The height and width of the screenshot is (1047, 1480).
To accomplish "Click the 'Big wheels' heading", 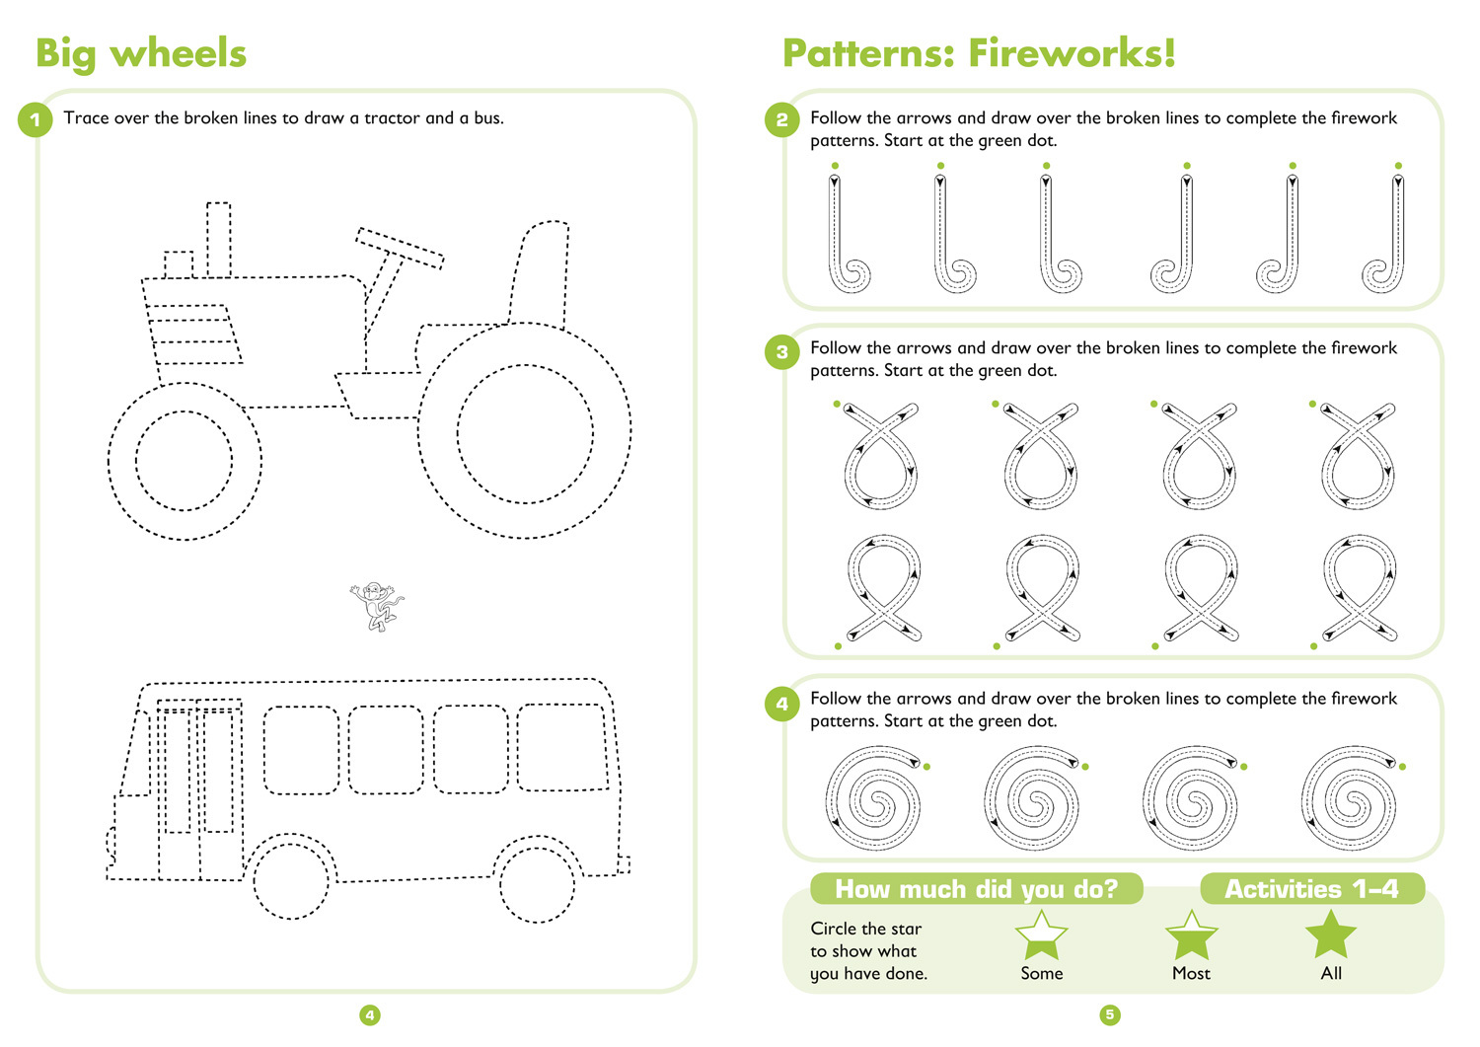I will pyautogui.click(x=140, y=54).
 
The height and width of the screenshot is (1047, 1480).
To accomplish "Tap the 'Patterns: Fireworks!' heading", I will pyautogui.click(x=979, y=54).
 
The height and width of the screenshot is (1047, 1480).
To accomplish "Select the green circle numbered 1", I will pyautogui.click(x=36, y=120).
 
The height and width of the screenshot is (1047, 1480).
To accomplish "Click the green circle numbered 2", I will pyautogui.click(x=781, y=120).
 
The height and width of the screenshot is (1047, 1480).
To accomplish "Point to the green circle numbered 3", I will pyautogui.click(x=781, y=351).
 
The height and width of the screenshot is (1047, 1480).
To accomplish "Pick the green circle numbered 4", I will pyautogui.click(x=781, y=704).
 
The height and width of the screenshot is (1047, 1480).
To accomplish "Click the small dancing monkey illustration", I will pyautogui.click(x=377, y=605).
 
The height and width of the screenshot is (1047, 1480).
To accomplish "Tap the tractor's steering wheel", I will pyautogui.click(x=400, y=248).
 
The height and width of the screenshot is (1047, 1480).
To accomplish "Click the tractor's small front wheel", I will pyautogui.click(x=185, y=461).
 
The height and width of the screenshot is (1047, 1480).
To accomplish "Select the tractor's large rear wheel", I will pyautogui.click(x=525, y=432).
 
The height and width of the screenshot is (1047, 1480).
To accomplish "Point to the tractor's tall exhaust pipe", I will pyautogui.click(x=218, y=240).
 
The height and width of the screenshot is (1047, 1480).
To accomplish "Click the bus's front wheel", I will pyautogui.click(x=290, y=877).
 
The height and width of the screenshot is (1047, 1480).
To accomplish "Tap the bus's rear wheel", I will pyautogui.click(x=537, y=879).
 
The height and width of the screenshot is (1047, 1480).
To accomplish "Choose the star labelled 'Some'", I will pyautogui.click(x=1041, y=935).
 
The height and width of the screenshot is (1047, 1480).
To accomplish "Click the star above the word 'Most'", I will pyautogui.click(x=1191, y=935).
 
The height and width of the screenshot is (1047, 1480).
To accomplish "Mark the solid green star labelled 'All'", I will pyautogui.click(x=1331, y=935).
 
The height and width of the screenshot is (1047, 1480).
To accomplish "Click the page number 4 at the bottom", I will pyautogui.click(x=370, y=1014).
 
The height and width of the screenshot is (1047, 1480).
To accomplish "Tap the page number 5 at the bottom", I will pyautogui.click(x=1110, y=1014).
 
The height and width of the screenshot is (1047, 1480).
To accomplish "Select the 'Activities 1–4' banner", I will pyautogui.click(x=1311, y=889).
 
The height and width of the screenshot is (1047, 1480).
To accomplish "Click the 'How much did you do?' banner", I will pyautogui.click(x=976, y=889).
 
